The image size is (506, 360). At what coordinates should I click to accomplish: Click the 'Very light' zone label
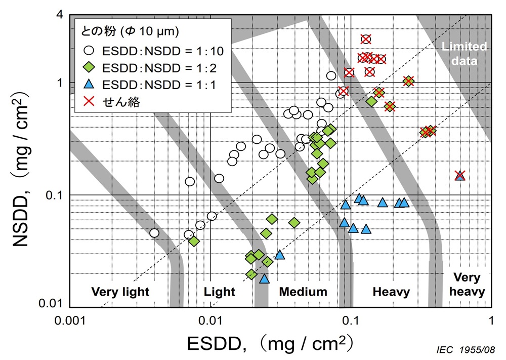120,292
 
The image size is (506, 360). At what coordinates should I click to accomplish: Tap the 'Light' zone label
220,292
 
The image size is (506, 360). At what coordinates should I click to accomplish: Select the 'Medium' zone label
303,292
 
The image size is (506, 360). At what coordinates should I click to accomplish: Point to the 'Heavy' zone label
391,292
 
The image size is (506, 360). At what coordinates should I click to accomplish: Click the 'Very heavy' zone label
467,285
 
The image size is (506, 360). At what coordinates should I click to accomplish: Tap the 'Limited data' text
464,54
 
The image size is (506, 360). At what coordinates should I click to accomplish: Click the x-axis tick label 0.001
70,321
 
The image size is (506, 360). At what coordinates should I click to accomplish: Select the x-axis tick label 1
491,321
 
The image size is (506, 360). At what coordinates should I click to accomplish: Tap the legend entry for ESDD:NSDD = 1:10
154,51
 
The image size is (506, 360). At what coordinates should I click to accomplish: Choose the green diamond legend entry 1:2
150,68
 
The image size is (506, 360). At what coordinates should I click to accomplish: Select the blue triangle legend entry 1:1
150,85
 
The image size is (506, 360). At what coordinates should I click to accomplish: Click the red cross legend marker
89,101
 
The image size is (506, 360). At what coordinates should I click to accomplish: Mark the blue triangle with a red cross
460,175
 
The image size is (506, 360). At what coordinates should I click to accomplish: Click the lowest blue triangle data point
264,278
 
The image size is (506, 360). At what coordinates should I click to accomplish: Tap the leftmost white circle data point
154,233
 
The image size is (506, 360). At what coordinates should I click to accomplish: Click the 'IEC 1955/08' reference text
466,350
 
